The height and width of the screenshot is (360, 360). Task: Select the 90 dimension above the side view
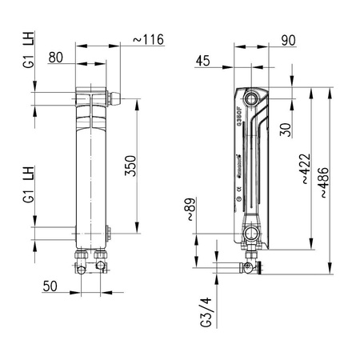coord(289,38)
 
